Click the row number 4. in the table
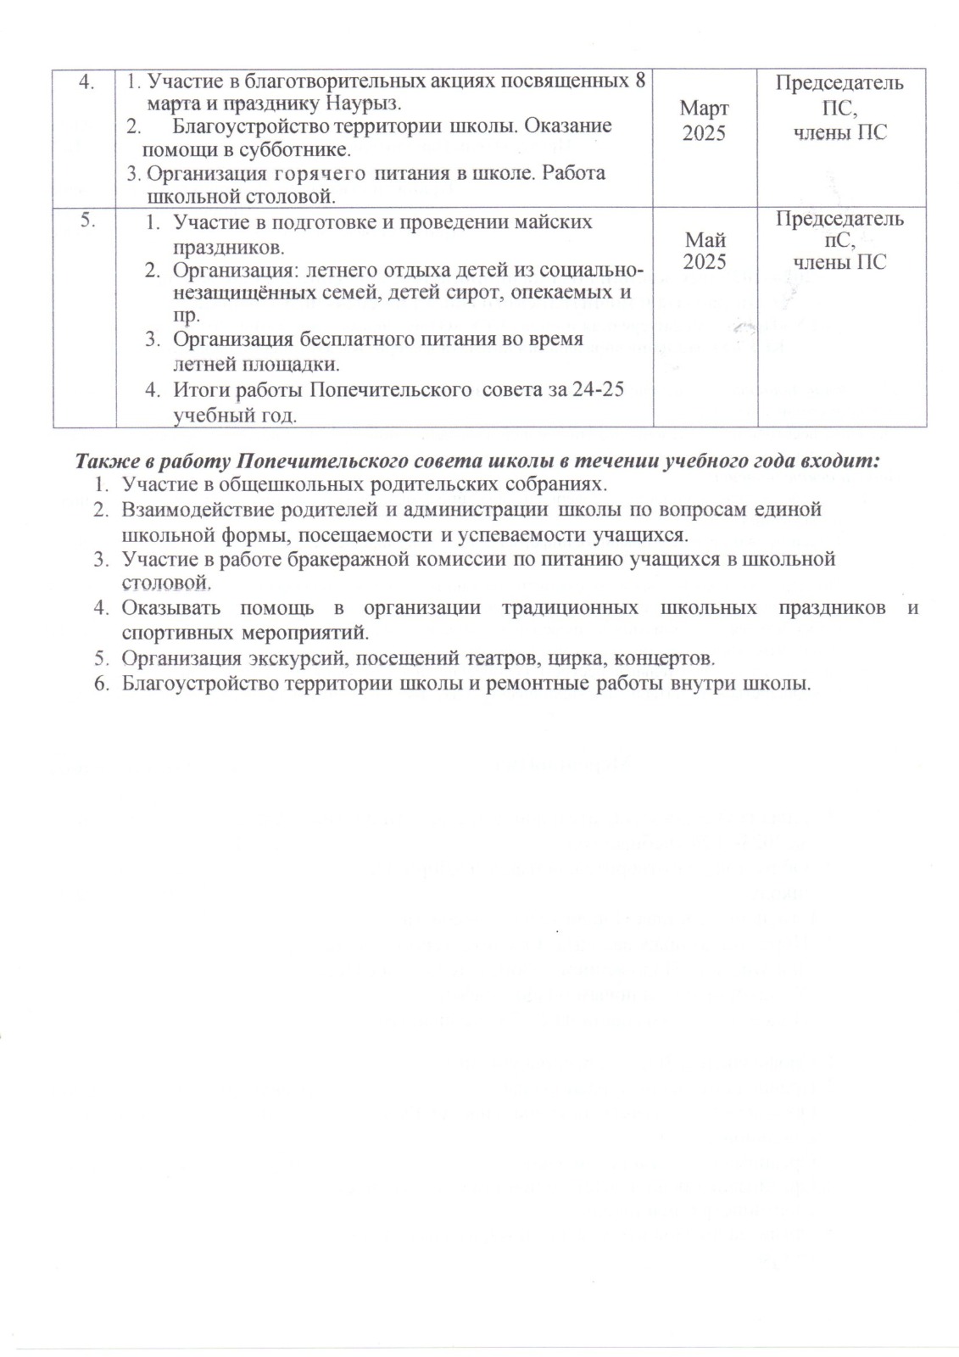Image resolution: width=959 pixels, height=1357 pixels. coord(86,84)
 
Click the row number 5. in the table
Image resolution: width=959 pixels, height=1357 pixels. coord(86,220)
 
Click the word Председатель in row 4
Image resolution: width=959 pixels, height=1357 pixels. coord(839,83)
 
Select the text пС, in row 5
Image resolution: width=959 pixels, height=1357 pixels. coord(839,241)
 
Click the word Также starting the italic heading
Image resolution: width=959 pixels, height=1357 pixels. coord(104,461)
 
